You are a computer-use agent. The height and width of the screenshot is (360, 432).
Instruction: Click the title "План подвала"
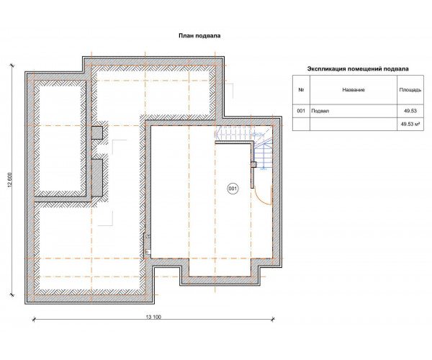pos(199,36)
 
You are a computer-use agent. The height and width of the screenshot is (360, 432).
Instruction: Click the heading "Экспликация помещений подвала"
pos(358,69)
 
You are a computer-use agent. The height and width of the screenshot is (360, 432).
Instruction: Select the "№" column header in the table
pos(301,90)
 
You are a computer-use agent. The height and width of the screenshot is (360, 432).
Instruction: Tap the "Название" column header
pos(354,90)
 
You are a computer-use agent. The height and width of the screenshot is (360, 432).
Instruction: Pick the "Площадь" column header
pos(410,90)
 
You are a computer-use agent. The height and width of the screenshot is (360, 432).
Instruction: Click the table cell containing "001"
pos(301,111)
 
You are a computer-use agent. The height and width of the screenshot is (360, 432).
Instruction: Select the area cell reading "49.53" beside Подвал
pos(410,111)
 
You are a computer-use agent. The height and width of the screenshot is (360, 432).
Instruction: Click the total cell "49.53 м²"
pos(410,125)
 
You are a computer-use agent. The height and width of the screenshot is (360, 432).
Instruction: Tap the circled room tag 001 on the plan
pos(233,189)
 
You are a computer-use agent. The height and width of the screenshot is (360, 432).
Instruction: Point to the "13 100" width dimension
pos(153,317)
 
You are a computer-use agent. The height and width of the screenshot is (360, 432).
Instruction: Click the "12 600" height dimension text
pos(10,180)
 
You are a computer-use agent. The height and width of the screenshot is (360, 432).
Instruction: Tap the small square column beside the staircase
pos(253,164)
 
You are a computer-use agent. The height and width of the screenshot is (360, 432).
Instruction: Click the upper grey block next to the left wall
pos(97,132)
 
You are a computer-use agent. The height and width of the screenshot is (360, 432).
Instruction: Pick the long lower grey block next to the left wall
pos(97,178)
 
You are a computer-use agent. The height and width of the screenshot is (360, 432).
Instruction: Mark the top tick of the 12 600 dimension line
pos(12,66)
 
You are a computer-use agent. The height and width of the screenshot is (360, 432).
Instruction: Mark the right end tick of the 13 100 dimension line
pos(273,319)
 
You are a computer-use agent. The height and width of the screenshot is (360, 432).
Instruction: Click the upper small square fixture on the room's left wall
pos(148,236)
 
